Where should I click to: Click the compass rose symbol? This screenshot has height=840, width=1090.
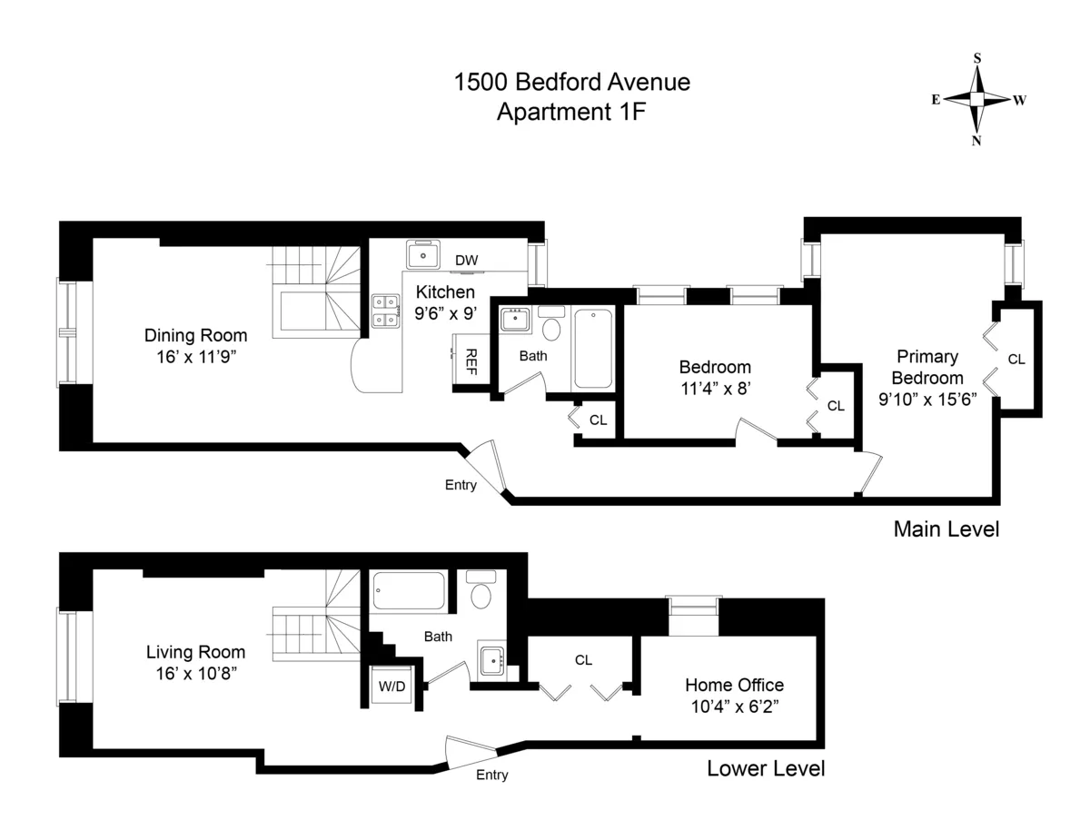click(977, 99)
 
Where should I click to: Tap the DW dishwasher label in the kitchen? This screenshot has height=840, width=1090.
click(467, 261)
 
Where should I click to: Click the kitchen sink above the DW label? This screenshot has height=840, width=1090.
click(422, 255)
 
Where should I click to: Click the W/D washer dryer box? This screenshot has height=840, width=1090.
click(391, 687)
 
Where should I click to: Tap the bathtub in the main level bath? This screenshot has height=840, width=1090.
click(593, 348)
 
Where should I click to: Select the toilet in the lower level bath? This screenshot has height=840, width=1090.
click(481, 593)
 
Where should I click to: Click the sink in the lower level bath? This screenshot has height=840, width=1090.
click(493, 660)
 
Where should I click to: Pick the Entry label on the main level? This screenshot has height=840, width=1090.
click(461, 485)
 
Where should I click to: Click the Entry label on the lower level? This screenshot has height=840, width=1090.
click(491, 775)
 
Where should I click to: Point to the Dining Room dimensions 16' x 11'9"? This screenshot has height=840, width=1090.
click(195, 357)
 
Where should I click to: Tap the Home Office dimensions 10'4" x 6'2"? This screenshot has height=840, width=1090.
click(734, 706)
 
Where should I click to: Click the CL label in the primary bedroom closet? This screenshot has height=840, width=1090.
click(1016, 360)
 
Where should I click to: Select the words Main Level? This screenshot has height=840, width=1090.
click(946, 529)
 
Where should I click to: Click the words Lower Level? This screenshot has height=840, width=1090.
click(766, 769)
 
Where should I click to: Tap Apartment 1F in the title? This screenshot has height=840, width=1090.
click(571, 112)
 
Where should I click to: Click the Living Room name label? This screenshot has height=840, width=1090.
click(195, 652)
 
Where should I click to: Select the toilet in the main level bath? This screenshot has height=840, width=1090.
click(551, 327)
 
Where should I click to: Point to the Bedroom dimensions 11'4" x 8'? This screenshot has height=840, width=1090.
click(715, 389)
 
